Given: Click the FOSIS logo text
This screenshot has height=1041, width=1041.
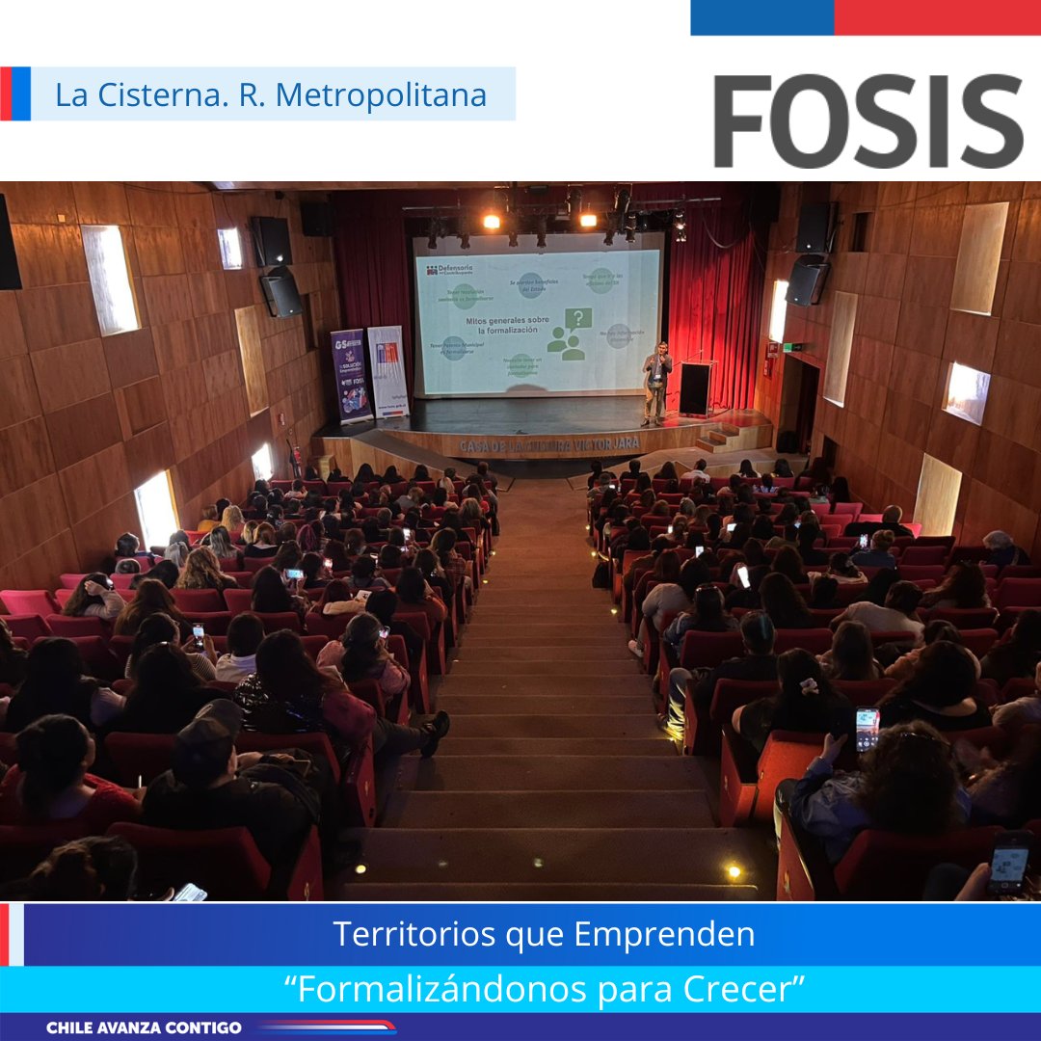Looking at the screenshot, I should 867,121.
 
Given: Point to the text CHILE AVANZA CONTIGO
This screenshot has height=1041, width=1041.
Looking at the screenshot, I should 144,1028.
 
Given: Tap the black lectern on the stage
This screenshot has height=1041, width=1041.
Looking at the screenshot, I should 696,387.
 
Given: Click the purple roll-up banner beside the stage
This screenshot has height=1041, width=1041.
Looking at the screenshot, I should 351,376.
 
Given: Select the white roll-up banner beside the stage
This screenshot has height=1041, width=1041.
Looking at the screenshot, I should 387,371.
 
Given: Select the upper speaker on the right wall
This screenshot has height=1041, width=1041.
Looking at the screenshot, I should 813,227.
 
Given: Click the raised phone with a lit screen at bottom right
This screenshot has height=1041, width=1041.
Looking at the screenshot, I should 867,729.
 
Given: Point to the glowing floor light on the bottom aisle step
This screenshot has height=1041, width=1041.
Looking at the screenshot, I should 733,870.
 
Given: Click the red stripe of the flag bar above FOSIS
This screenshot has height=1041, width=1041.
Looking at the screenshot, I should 936,17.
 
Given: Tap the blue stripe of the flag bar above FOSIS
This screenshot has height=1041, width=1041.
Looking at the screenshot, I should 761,17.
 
